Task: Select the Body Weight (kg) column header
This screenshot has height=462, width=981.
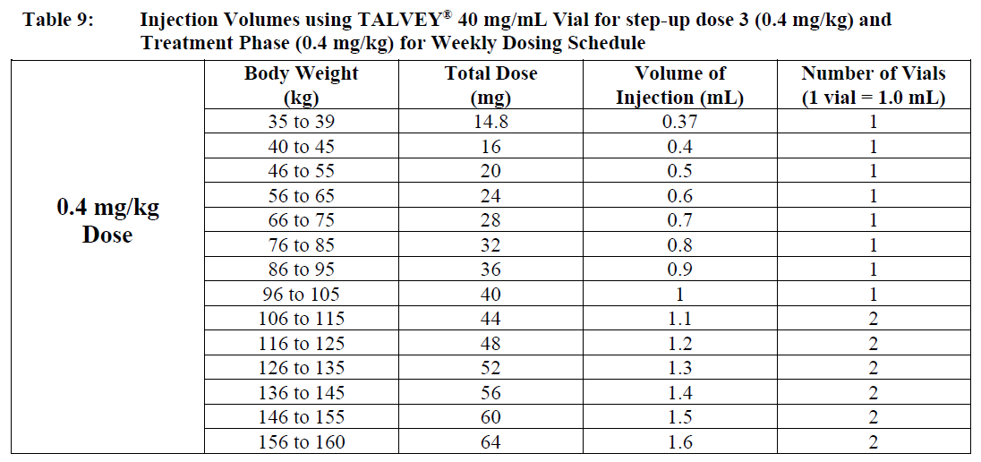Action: pos(301,86)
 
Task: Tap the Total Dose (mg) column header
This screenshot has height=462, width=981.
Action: pos(490,86)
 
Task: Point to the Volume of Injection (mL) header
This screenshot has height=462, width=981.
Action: pos(679,86)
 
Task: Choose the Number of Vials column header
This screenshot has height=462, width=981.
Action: pos(873,86)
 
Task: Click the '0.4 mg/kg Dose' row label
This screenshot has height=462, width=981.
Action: pos(107,221)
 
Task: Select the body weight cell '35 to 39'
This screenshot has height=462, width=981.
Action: pos(301,122)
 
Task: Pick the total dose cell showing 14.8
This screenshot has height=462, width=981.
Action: pos(490,122)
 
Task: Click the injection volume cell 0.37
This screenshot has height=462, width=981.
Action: pos(679,122)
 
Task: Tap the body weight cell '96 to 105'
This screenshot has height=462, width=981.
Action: pos(301,294)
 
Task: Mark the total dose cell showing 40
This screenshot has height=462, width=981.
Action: pos(490,294)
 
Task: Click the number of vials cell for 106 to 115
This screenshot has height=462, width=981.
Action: pos(873,319)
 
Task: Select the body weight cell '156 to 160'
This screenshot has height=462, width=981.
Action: pos(301,441)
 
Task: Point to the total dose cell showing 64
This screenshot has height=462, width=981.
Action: pos(490,441)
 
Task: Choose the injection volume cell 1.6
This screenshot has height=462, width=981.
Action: pos(679,441)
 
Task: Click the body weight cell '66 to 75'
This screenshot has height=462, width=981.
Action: pos(301,220)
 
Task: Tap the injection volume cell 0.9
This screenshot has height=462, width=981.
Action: pos(679,269)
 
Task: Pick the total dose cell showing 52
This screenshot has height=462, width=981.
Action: pos(490,368)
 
